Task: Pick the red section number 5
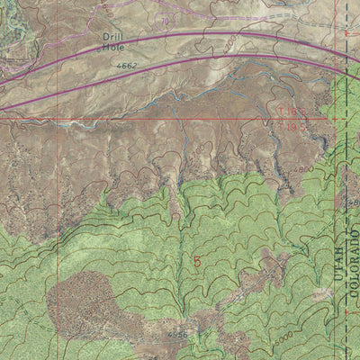coord(196,262)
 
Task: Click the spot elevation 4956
coord(177,334)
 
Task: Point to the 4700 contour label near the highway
coord(231,42)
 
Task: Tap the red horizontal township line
coord(135,119)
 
